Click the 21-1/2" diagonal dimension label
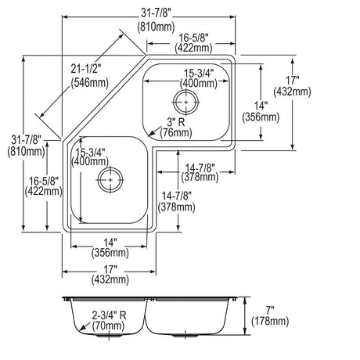(86, 69)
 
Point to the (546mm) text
(89, 83)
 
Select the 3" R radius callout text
(176, 122)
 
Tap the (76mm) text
(176, 133)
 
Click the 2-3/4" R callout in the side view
(109, 315)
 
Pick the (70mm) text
(108, 326)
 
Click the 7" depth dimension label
(270, 310)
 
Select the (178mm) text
(270, 321)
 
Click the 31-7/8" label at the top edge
(157, 13)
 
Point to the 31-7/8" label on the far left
(26, 140)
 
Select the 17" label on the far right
(292, 81)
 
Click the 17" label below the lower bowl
(110, 268)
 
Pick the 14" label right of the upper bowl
(261, 106)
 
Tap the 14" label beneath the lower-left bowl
(110, 243)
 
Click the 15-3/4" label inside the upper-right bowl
(199, 74)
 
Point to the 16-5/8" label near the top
(193, 38)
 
